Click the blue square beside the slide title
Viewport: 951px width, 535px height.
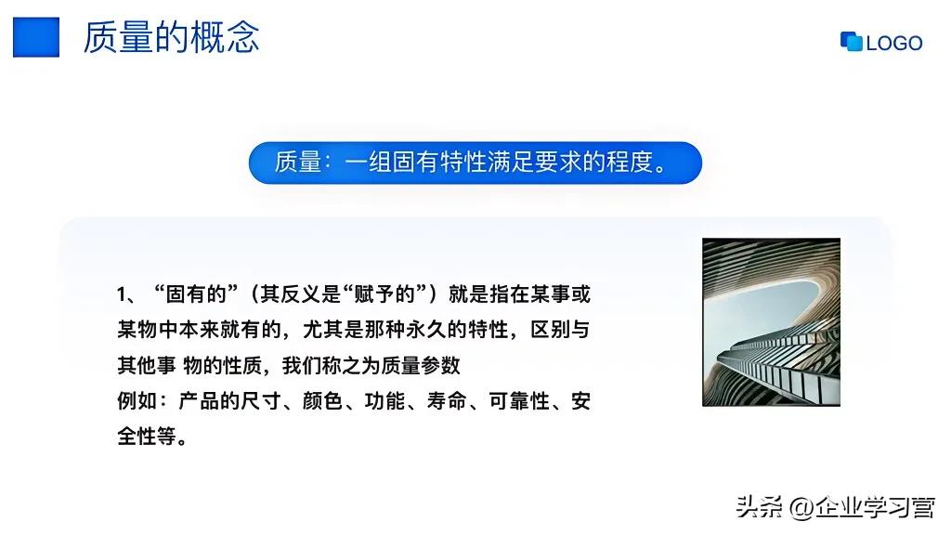click(35, 37)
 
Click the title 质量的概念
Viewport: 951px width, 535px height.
click(171, 37)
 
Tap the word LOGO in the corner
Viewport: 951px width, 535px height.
click(894, 43)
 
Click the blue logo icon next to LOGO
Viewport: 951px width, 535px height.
click(851, 42)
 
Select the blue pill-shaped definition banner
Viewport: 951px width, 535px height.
click(475, 163)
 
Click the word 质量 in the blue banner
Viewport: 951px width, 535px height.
click(296, 163)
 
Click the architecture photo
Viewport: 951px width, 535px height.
click(771, 321)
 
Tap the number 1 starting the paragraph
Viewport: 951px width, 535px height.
click(122, 295)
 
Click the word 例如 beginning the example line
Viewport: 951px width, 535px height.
click(137, 401)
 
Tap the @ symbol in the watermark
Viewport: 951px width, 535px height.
click(800, 507)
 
